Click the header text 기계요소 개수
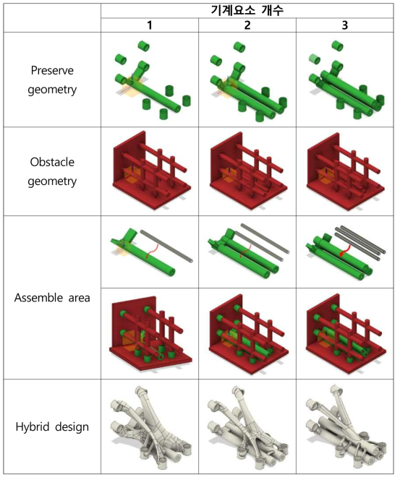point(247,10)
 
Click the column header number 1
point(150,25)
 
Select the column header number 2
point(247,25)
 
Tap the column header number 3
point(345,25)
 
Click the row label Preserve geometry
point(52,80)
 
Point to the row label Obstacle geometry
point(52,171)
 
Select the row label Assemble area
point(52,298)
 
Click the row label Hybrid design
point(52,427)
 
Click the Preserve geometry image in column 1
point(153,80)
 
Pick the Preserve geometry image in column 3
point(346,80)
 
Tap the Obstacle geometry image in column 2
point(249,171)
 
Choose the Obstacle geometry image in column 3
point(346,171)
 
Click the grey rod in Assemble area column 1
point(166,246)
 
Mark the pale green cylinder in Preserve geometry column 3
point(314,59)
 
